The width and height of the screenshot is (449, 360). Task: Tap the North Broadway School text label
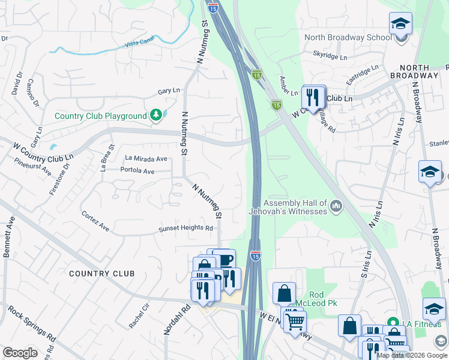pyautogui.click(x=348, y=37)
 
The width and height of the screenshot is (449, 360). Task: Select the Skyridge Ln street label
pyautogui.click(x=330, y=56)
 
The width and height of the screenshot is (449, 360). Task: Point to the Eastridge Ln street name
pyautogui.click(x=363, y=74)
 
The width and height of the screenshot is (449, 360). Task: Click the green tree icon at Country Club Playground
pyautogui.click(x=155, y=114)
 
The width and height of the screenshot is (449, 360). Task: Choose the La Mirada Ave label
pyautogui.click(x=146, y=158)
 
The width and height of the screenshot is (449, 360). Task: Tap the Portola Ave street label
pyautogui.click(x=137, y=171)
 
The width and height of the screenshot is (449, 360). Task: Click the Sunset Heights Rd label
pyautogui.click(x=185, y=228)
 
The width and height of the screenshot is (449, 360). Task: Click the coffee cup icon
pyautogui.click(x=224, y=259)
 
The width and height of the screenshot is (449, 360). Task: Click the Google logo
pyautogui.click(x=20, y=353)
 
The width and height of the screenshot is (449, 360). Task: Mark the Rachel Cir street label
pyautogui.click(x=139, y=315)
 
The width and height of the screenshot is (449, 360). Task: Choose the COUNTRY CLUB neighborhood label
pyautogui.click(x=101, y=274)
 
